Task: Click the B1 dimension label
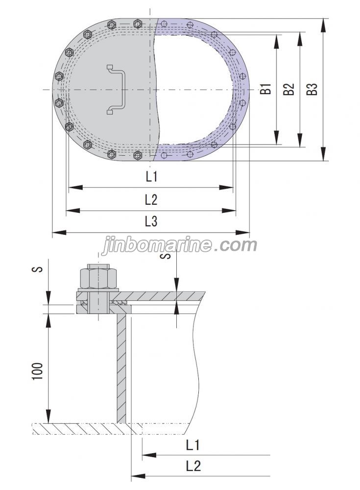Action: point(266,90)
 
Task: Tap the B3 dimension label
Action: point(312,90)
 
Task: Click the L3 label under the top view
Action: point(151,222)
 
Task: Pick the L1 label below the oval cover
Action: point(151,176)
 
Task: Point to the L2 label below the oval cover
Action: point(151,199)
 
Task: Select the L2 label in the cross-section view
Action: point(193,465)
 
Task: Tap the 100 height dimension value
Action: point(40,372)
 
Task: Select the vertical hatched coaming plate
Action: point(121,367)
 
